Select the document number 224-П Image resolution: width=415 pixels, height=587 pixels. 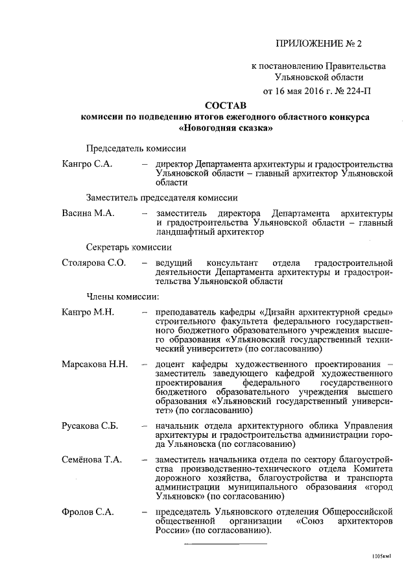click(x=357, y=90)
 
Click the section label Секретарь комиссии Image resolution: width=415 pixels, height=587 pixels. click(x=128, y=246)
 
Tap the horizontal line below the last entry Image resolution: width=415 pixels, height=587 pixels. click(x=226, y=543)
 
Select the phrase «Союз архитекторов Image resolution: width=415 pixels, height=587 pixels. click(x=344, y=521)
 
